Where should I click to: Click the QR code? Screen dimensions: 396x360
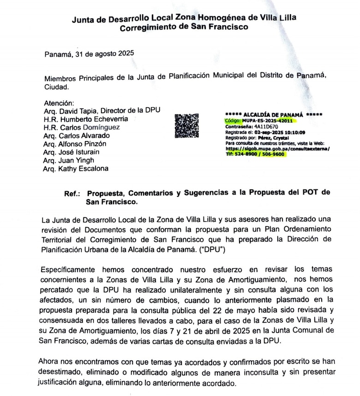pos(187,126)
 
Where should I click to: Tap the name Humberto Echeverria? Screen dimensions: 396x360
pos(93,119)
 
